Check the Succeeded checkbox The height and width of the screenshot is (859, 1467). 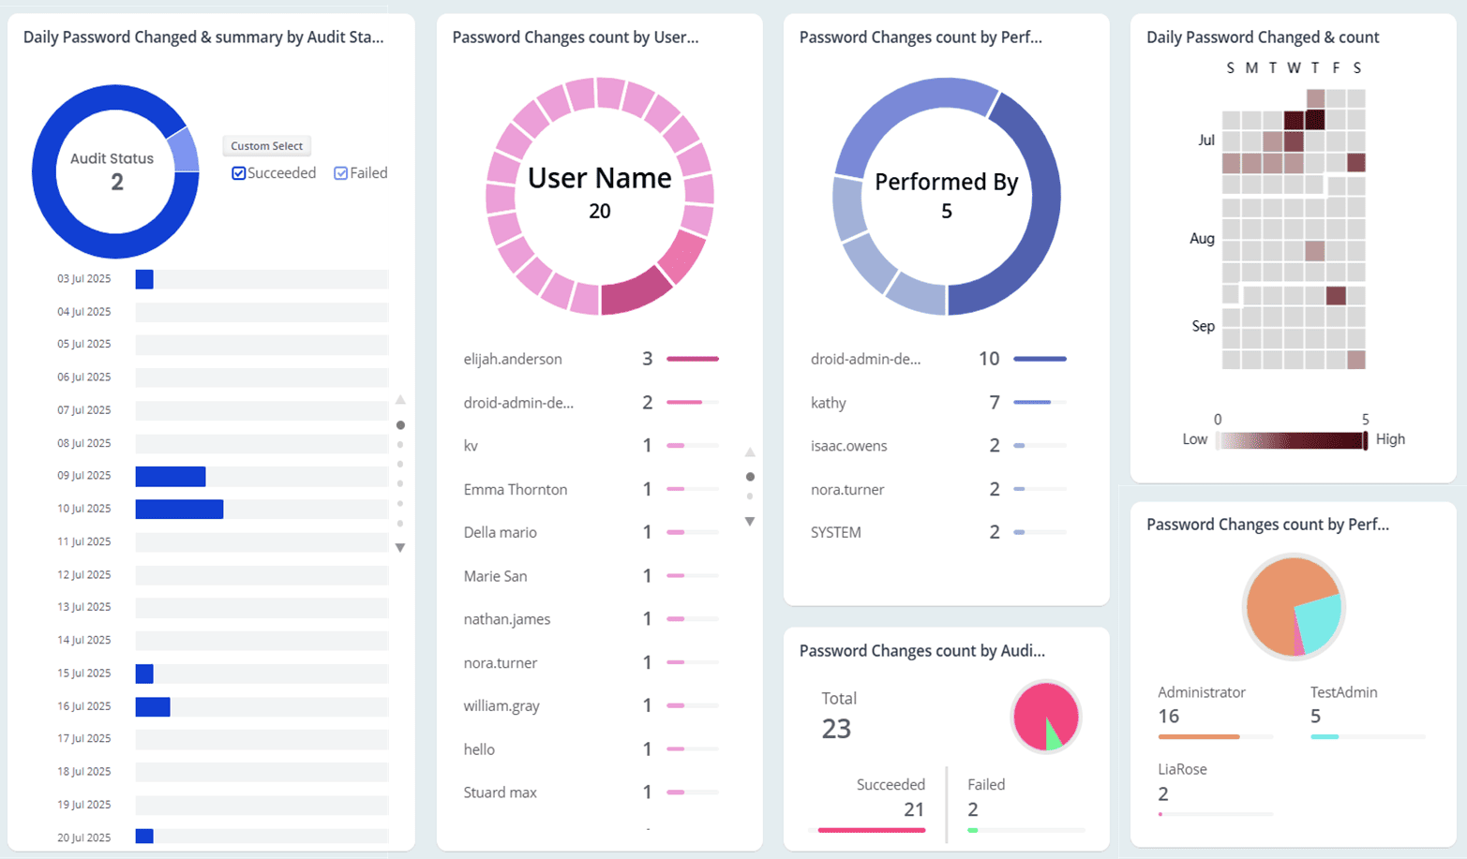pos(239,173)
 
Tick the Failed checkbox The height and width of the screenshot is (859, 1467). pos(341,173)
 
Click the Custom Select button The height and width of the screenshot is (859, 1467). pos(266,146)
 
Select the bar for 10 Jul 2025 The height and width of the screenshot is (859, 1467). pos(179,509)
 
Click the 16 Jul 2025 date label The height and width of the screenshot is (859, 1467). pos(83,706)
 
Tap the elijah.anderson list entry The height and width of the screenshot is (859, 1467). pos(512,359)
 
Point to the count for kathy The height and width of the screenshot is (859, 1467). pos(994,403)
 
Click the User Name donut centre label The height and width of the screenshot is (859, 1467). pos(599,178)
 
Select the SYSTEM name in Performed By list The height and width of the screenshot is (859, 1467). pos(835,532)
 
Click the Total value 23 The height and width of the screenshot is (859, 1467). pos(836,728)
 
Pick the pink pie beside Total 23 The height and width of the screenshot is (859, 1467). pos(1043,714)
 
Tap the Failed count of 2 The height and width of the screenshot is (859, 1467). pos(973,809)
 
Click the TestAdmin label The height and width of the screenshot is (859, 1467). pos(1343,692)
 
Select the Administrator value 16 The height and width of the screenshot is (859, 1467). pos(1168,717)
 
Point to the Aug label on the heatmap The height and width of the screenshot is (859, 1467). pos(1202,239)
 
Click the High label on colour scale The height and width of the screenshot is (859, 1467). pos(1390,439)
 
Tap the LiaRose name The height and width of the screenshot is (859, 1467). pos(1182,769)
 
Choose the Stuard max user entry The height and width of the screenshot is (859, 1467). pos(500,792)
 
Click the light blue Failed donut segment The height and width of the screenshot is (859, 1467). pos(183,150)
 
